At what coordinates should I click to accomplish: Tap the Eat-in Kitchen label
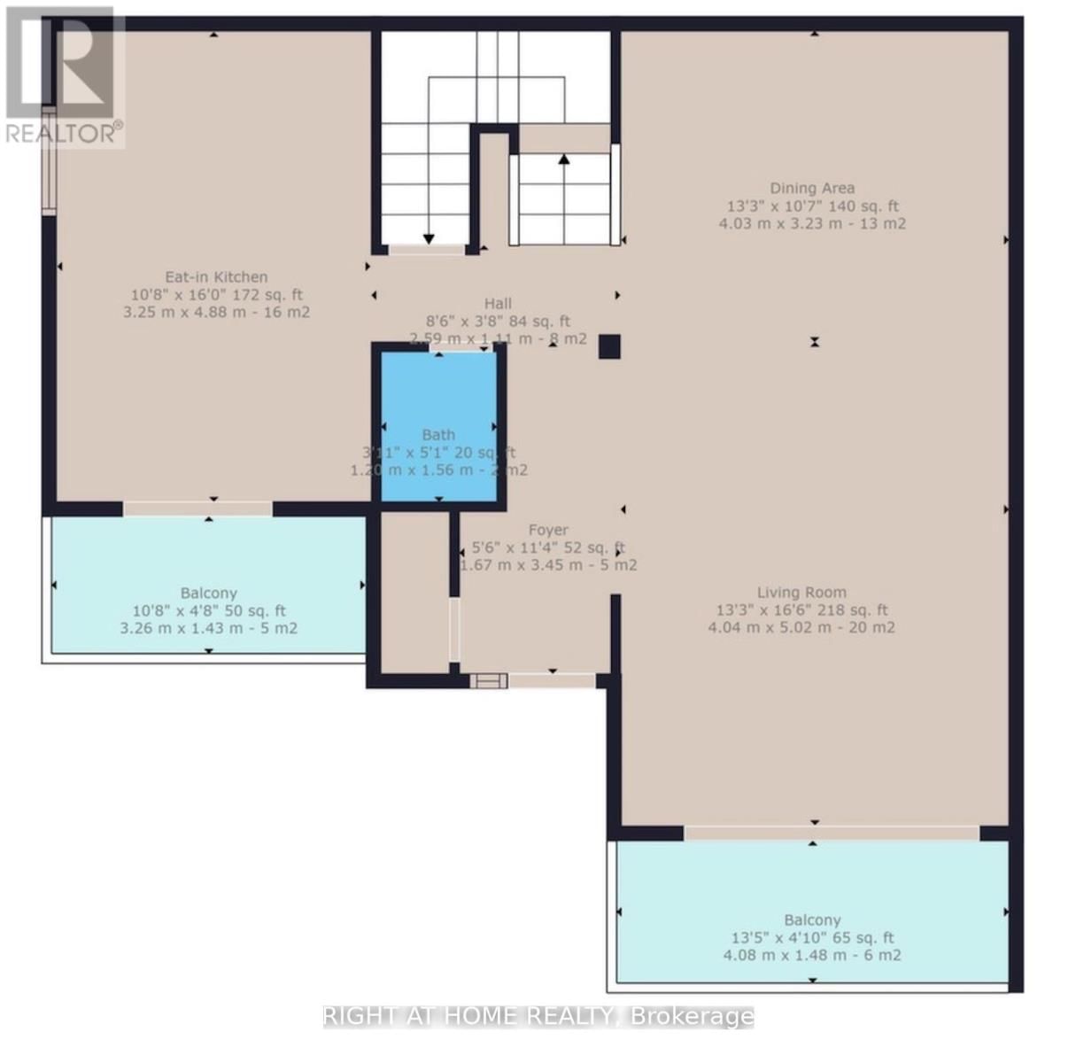coord(216,277)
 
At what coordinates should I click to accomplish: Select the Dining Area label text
coord(811,188)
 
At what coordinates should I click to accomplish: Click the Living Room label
coord(801,593)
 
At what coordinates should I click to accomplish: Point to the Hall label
coord(498,304)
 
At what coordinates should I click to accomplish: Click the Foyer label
coord(548,531)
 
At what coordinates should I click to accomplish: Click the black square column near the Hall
coord(609,346)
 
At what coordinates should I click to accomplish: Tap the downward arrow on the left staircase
coord(429,238)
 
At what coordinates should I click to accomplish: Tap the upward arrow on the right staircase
coord(563,160)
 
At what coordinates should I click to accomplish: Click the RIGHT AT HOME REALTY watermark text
coord(538,1017)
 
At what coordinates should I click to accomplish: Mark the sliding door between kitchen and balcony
coord(197,508)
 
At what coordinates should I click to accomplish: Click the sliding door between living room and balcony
coord(831,833)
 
